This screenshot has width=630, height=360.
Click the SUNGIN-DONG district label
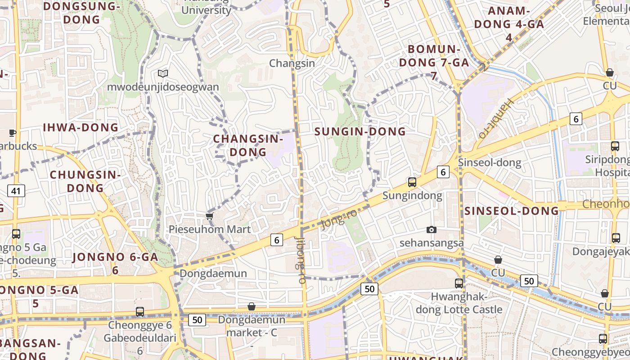(360, 131)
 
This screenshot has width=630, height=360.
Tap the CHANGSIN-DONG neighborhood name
(248, 145)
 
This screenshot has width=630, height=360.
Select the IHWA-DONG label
(81, 127)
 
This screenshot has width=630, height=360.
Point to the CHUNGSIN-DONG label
(85, 181)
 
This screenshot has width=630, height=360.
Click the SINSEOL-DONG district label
(511, 211)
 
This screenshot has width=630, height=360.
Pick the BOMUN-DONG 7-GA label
(434, 56)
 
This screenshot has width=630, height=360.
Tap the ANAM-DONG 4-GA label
(509, 24)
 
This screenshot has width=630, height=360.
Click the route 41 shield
(16, 191)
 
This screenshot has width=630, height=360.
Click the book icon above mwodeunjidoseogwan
(162, 73)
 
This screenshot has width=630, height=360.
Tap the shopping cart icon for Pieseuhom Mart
(209, 216)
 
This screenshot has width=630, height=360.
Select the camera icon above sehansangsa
(432, 230)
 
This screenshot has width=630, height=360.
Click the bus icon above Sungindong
(412, 182)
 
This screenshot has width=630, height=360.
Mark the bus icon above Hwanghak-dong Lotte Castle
(459, 283)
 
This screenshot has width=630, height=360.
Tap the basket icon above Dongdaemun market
(252, 306)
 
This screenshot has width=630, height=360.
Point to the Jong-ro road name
(339, 219)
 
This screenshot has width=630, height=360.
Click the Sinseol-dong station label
(489, 162)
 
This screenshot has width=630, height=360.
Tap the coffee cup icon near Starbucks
(12, 133)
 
